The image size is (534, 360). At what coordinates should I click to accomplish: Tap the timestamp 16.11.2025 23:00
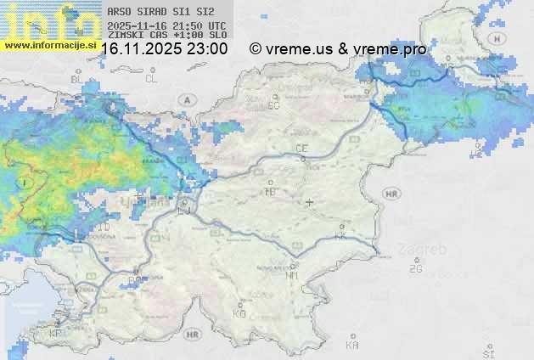(164, 49)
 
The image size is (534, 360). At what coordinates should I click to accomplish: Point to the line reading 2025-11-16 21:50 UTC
(167, 26)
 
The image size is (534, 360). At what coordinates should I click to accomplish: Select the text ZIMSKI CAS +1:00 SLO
(167, 36)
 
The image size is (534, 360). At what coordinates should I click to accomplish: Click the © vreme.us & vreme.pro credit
(338, 49)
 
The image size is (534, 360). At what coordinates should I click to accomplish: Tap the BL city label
(77, 79)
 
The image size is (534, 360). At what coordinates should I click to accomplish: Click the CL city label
(151, 78)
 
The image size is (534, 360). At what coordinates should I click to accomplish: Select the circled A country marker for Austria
(185, 99)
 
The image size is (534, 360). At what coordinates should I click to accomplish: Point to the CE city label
(301, 149)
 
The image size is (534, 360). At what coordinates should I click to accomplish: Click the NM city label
(293, 275)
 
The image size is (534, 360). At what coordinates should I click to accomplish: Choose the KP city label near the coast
(56, 334)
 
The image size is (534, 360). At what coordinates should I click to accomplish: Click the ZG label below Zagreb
(415, 269)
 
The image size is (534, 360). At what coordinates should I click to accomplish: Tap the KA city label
(352, 345)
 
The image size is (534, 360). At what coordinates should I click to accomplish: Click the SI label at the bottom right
(487, 352)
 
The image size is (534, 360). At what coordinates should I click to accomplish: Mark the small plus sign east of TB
(310, 203)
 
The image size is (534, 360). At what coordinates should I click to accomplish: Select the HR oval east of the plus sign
(391, 194)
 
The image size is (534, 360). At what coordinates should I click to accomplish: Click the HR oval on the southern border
(192, 334)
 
